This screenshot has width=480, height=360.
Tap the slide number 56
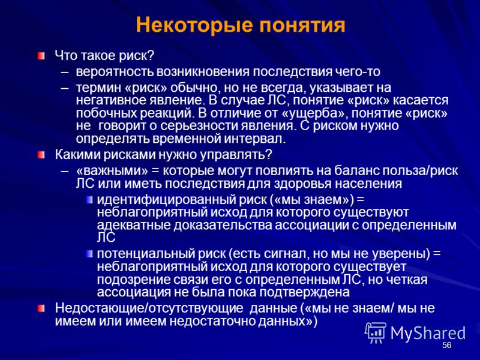[447, 346]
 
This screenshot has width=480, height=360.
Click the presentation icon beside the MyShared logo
[376, 332]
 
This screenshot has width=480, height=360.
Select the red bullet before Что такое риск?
[41, 56]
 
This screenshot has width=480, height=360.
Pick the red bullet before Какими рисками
[41, 155]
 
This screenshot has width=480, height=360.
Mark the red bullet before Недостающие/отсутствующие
[41, 308]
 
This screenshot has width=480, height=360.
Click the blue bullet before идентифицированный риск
[89, 200]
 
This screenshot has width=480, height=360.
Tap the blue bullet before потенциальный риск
[89, 254]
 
